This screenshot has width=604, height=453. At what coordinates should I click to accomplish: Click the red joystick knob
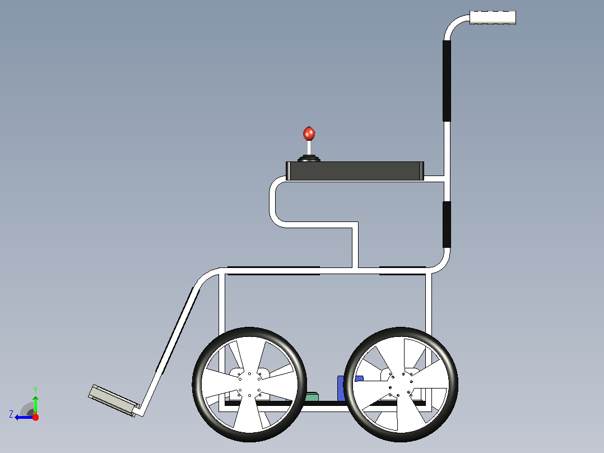tap(309, 133)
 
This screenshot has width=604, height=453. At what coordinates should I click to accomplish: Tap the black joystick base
tap(309, 158)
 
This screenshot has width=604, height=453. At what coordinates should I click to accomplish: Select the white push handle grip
tap(493, 17)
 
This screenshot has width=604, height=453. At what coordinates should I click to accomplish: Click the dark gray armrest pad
tap(355, 171)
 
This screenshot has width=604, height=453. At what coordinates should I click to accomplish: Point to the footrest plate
tap(113, 400)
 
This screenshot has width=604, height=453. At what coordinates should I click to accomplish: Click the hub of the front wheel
tap(249, 385)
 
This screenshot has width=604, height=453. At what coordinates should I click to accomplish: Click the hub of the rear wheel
tap(401, 385)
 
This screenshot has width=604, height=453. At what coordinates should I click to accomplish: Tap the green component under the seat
tap(312, 397)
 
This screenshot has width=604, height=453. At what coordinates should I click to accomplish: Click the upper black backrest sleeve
tap(447, 81)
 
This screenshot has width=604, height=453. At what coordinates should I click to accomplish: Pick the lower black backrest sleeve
tap(447, 224)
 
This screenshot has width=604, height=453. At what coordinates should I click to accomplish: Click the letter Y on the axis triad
tap(35, 390)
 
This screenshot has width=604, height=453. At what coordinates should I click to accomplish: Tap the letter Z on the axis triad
tap(11, 414)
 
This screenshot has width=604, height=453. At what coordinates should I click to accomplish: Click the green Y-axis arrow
tap(35, 404)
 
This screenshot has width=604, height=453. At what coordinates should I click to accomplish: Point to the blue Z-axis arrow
tap(24, 417)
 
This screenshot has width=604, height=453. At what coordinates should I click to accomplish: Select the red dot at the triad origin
tap(35, 417)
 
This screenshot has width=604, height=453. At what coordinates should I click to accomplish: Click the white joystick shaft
tap(309, 147)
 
